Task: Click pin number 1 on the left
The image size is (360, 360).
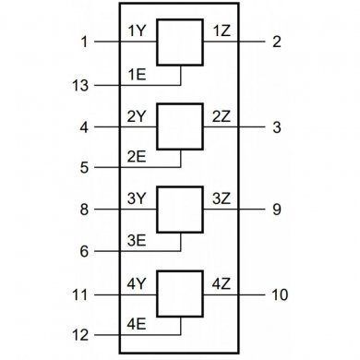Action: (x=84, y=42)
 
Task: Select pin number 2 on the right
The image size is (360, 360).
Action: (x=276, y=42)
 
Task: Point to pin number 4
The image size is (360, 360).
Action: (x=84, y=127)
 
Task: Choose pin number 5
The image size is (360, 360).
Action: (x=84, y=168)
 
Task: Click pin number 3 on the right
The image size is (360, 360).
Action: (x=276, y=127)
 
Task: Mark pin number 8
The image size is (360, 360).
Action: (x=84, y=210)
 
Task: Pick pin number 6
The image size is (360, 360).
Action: (x=84, y=251)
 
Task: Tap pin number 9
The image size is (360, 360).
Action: (x=276, y=210)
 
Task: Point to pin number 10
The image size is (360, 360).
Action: (x=280, y=294)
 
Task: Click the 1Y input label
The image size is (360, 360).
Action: (x=138, y=31)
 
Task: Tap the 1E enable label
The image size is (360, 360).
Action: (x=138, y=74)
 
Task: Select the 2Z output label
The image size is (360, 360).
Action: (x=222, y=116)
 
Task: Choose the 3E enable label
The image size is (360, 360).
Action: (x=138, y=240)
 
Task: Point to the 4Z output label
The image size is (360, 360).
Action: (x=222, y=283)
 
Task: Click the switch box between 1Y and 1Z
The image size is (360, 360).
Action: (x=180, y=42)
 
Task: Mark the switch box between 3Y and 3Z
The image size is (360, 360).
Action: (x=180, y=210)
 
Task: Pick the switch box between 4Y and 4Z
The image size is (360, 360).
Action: (x=180, y=294)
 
